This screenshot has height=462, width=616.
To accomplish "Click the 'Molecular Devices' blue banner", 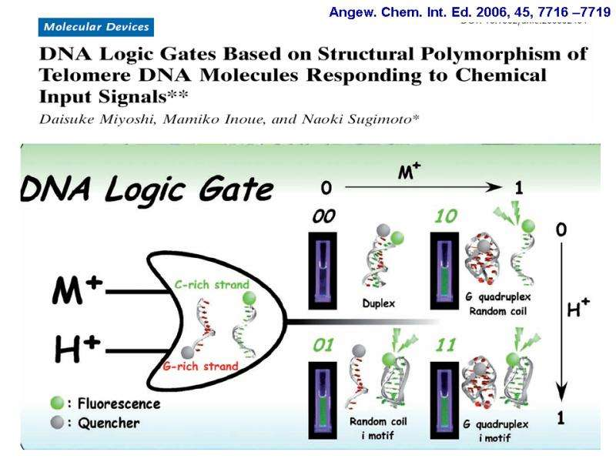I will coord(95,27).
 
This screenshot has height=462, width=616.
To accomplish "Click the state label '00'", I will coord(323,218).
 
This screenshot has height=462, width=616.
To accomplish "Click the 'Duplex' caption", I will coord(378,303).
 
